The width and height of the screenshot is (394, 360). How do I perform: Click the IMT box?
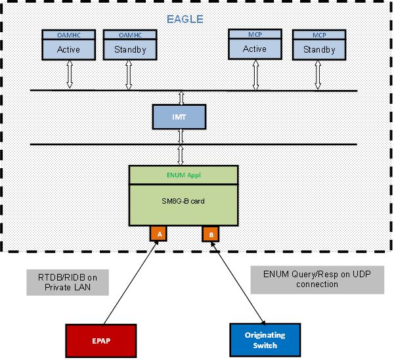coord(179,116)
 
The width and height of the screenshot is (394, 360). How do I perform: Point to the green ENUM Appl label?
coord(183,175)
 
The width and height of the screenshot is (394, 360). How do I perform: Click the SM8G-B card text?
coord(183,201)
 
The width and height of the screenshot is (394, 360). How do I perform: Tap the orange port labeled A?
coord(158,233)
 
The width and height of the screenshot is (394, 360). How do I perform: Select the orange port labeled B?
coord(210,234)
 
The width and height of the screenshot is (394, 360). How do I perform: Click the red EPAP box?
coord(101,340)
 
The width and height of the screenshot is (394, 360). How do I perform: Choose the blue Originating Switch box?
coord(265,340)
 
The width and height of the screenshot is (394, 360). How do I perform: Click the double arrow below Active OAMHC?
coord(69,74)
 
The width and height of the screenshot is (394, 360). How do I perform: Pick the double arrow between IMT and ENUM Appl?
coord(179,155)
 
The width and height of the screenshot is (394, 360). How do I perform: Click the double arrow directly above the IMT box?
coord(179,97)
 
